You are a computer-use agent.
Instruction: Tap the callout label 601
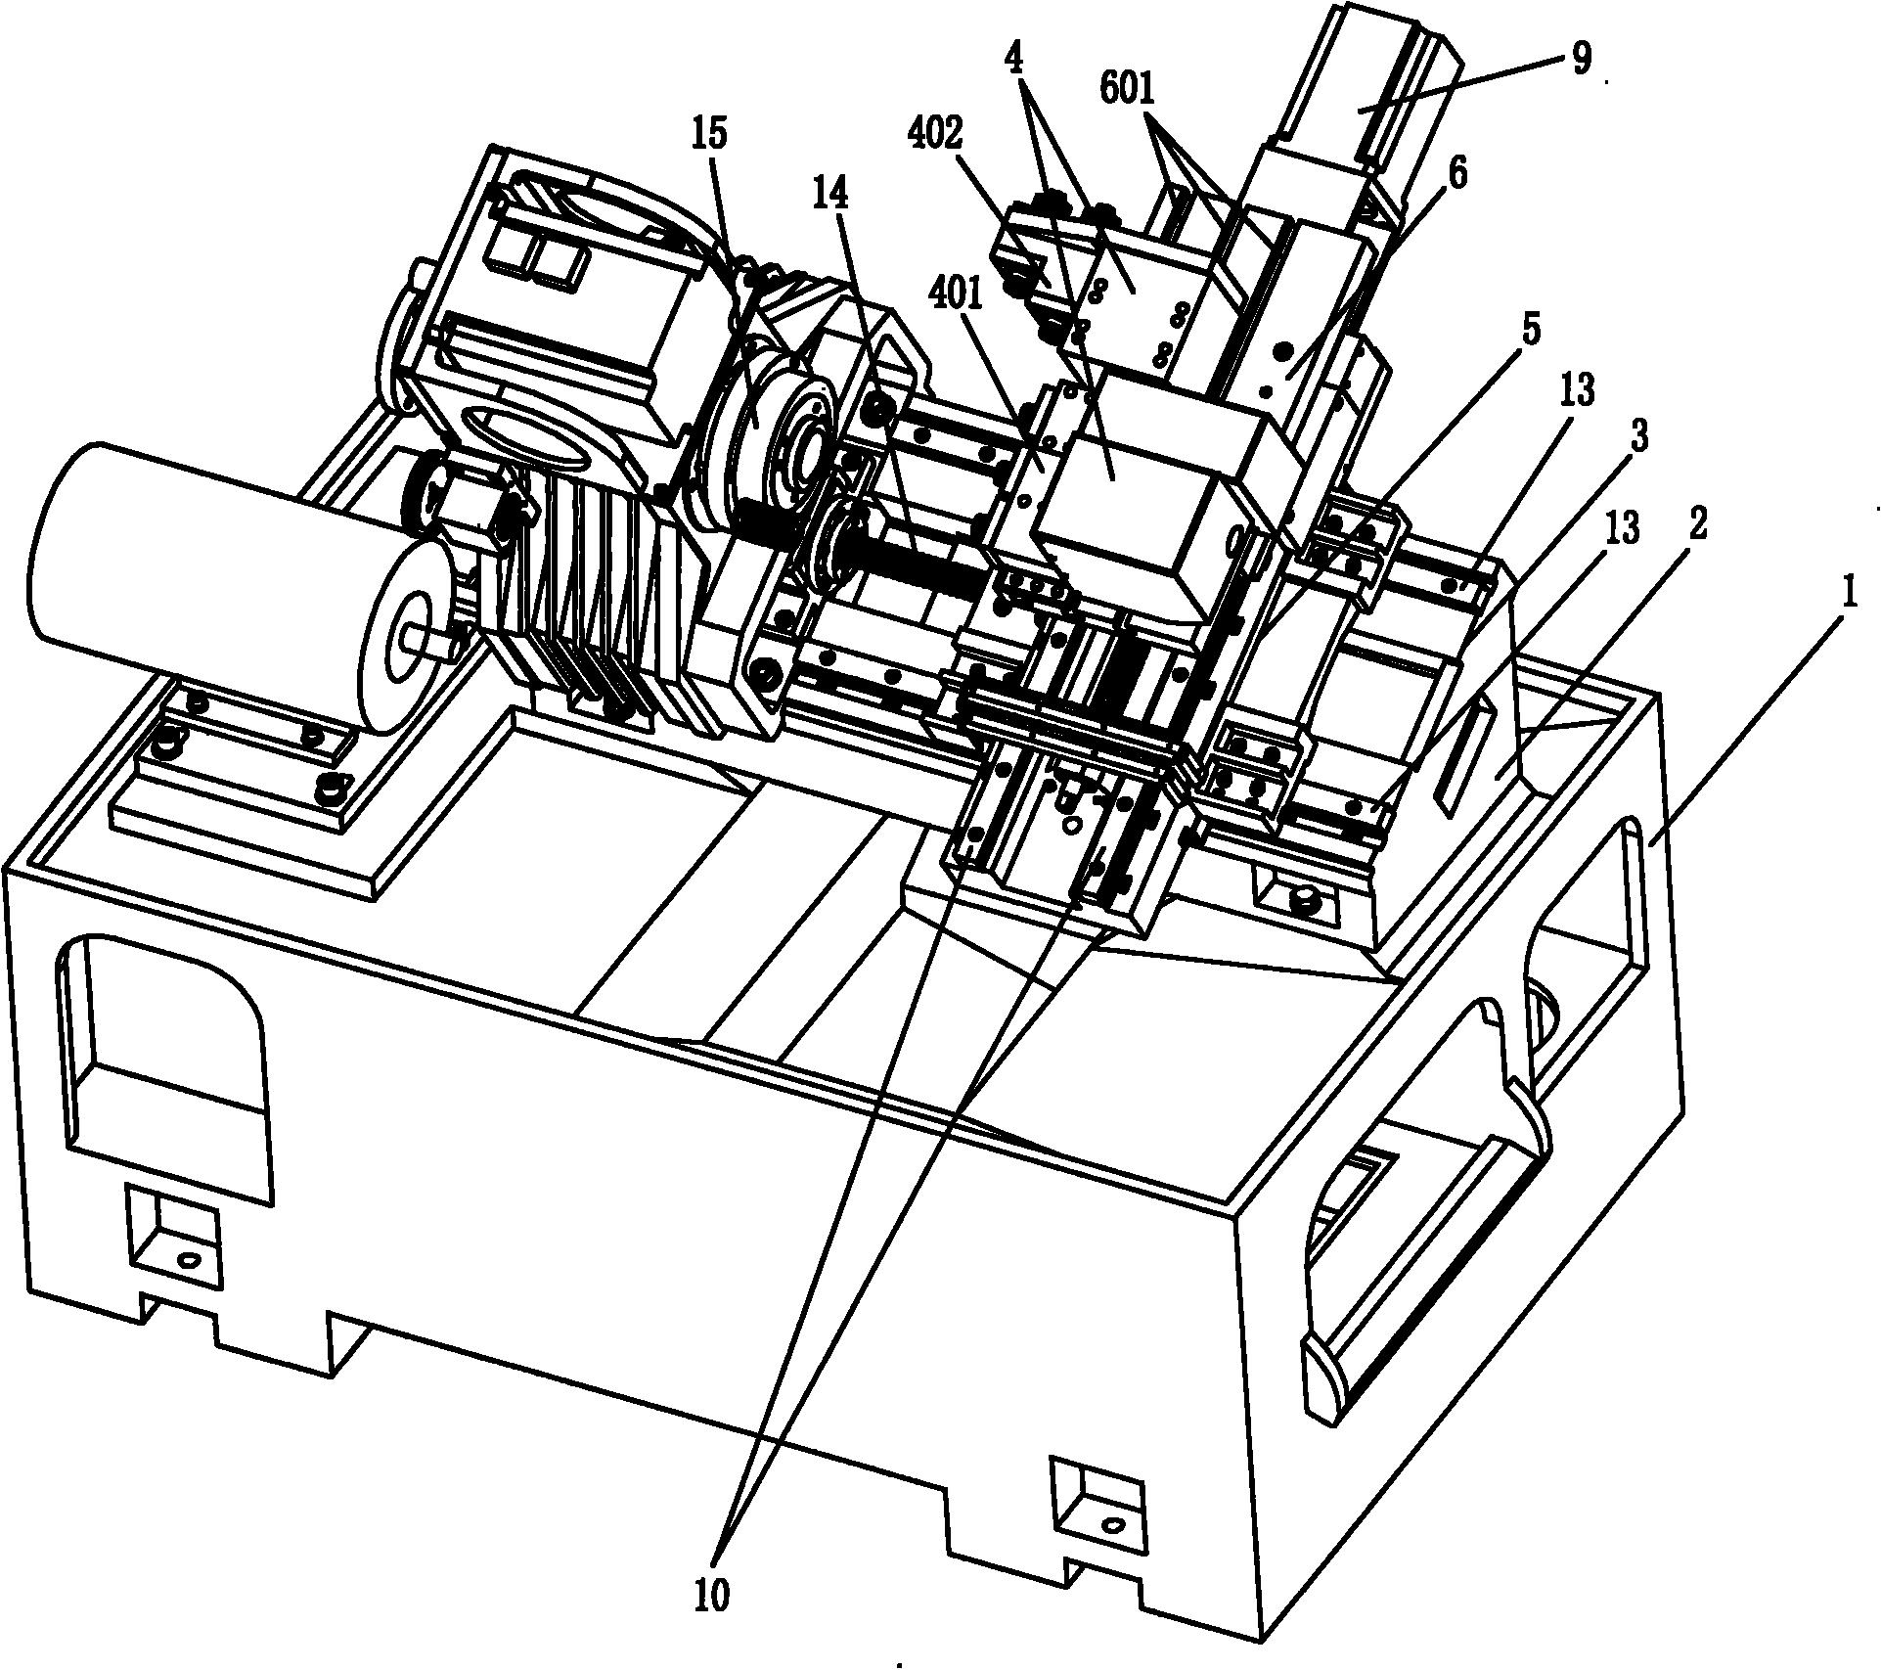[1127, 90]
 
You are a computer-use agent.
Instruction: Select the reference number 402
[934, 133]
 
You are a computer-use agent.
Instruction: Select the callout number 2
[1697, 525]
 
